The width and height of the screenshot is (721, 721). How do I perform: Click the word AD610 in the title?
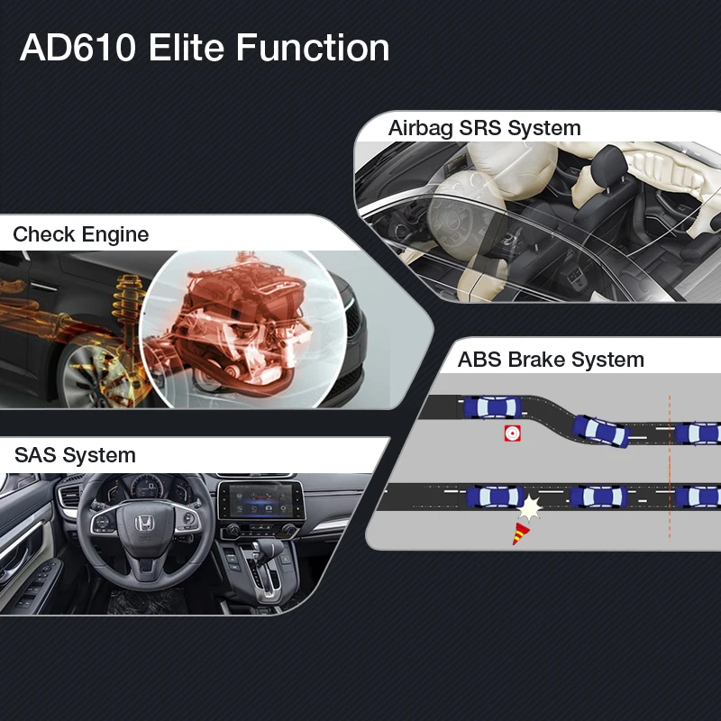(78, 48)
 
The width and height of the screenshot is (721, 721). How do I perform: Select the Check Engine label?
(81, 234)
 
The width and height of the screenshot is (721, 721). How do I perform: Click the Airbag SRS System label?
(485, 128)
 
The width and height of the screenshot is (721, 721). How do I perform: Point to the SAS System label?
(75, 455)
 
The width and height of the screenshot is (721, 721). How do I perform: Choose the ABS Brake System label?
(551, 360)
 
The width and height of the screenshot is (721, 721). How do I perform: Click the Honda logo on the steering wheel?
(144, 523)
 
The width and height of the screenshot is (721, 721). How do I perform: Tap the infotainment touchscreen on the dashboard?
(260, 499)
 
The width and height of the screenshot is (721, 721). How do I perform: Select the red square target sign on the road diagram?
(512, 434)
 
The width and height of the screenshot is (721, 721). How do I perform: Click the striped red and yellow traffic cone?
(520, 534)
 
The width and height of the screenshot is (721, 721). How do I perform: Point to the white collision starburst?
(530, 508)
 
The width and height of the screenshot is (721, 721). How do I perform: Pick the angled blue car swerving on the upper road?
(600, 431)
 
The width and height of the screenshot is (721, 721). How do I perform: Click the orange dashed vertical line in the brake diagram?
(670, 467)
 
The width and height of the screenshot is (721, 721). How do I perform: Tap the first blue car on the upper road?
(492, 407)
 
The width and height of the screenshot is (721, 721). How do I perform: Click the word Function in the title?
(313, 47)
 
